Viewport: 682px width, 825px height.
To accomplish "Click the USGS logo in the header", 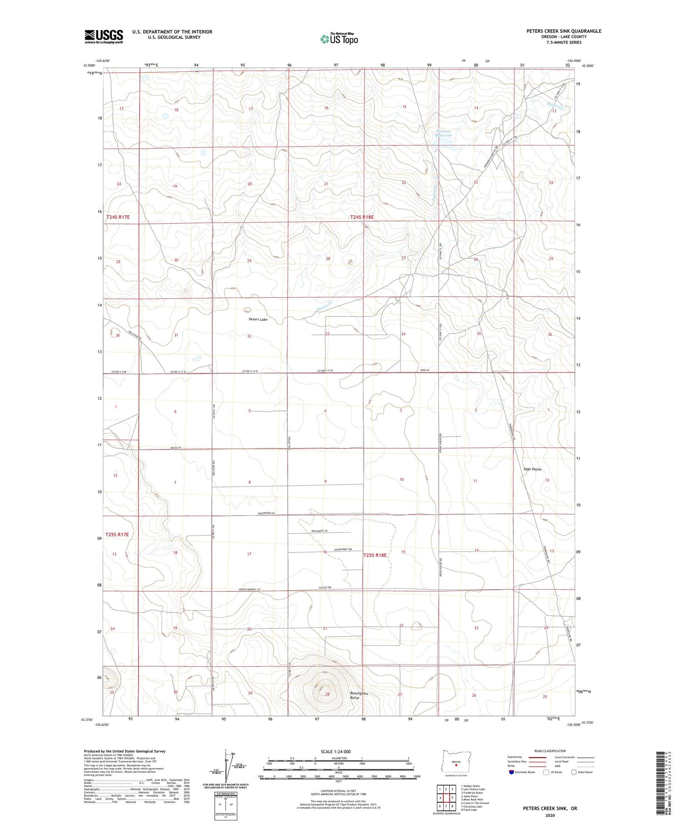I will (104, 36).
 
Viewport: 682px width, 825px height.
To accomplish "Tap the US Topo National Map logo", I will (339, 39).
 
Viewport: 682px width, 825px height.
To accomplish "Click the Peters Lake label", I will (258, 319).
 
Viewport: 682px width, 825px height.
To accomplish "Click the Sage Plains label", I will (532, 469).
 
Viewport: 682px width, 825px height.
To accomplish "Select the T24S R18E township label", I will (362, 218).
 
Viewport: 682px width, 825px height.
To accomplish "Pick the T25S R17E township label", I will (117, 535).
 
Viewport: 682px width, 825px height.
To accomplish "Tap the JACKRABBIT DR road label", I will (343, 550).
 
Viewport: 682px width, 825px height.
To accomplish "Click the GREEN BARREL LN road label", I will (251, 589).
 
